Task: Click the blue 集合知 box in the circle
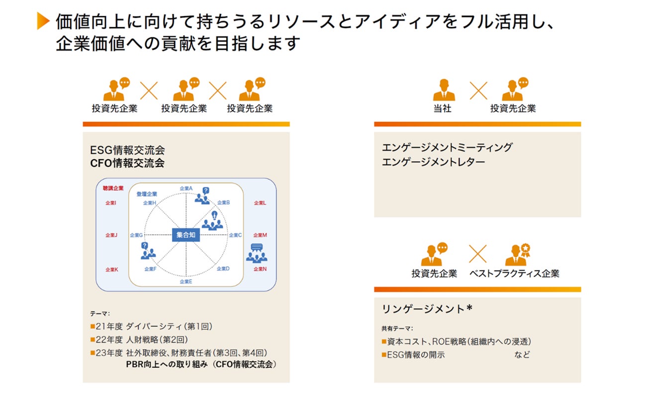(x=186, y=235)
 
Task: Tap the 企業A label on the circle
(x=186, y=189)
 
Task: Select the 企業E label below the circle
(x=186, y=282)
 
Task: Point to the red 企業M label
(x=260, y=235)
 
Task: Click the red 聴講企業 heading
(x=113, y=188)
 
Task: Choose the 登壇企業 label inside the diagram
(x=147, y=194)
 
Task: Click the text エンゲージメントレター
(x=433, y=162)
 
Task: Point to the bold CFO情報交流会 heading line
(x=127, y=163)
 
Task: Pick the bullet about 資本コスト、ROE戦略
(x=456, y=341)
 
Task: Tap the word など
(x=522, y=355)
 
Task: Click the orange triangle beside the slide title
(x=43, y=21)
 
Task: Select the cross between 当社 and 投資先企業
(x=478, y=91)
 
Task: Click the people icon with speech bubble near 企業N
(x=256, y=253)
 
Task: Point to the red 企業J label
(x=111, y=235)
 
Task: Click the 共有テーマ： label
(x=397, y=328)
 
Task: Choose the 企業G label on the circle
(x=136, y=235)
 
